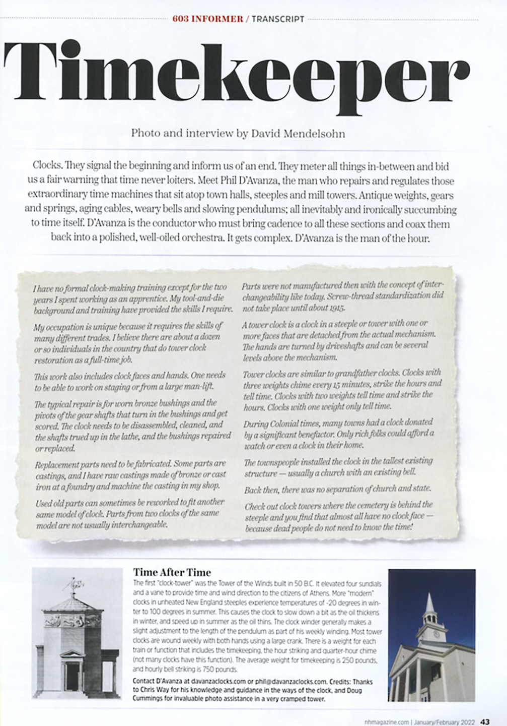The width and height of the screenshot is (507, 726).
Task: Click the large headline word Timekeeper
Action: pyautogui.click(x=237, y=71)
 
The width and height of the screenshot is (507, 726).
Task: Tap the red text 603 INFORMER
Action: pyautogui.click(x=207, y=19)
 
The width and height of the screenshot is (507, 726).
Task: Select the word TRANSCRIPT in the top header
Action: pyautogui.click(x=277, y=19)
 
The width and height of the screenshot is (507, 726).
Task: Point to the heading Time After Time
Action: pyautogui.click(x=172, y=572)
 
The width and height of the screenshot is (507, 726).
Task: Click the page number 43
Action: pyautogui.click(x=485, y=721)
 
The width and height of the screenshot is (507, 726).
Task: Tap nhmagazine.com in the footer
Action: pyautogui.click(x=386, y=722)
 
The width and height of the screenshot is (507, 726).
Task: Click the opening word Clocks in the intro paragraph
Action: pyautogui.click(x=48, y=166)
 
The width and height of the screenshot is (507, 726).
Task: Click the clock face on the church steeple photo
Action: pyautogui.click(x=435, y=634)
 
